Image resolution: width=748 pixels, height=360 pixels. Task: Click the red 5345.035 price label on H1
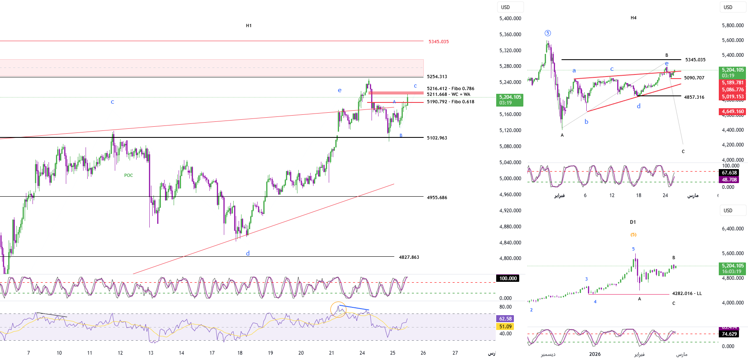(x=439, y=42)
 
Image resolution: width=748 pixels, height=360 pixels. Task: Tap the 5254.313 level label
(x=437, y=77)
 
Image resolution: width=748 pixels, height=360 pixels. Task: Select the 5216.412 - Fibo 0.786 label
(x=451, y=88)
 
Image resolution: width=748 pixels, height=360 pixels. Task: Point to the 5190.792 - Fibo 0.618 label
(x=451, y=102)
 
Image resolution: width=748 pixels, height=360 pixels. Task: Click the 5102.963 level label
(x=437, y=138)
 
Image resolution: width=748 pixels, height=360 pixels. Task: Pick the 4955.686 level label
(x=437, y=197)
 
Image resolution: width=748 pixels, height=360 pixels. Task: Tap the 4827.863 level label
(x=409, y=257)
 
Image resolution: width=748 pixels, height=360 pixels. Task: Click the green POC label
(x=128, y=175)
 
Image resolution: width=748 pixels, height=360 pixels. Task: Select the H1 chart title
(x=249, y=26)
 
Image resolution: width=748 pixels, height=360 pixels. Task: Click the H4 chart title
(x=633, y=18)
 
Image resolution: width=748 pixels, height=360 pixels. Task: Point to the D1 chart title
(x=633, y=222)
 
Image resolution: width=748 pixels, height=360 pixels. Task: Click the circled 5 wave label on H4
(x=548, y=33)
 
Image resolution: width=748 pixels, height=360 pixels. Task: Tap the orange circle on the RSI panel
(x=338, y=309)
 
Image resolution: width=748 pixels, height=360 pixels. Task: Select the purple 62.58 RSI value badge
(x=505, y=319)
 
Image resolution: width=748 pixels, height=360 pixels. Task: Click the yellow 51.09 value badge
(x=505, y=327)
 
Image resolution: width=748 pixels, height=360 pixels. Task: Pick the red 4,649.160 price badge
(x=733, y=111)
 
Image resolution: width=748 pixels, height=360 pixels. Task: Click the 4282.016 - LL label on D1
(x=687, y=293)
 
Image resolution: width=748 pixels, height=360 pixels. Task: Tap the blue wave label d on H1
(x=248, y=253)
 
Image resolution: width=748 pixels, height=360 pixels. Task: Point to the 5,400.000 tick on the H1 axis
(x=510, y=19)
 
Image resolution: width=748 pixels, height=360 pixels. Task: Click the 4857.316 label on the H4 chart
(x=694, y=97)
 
